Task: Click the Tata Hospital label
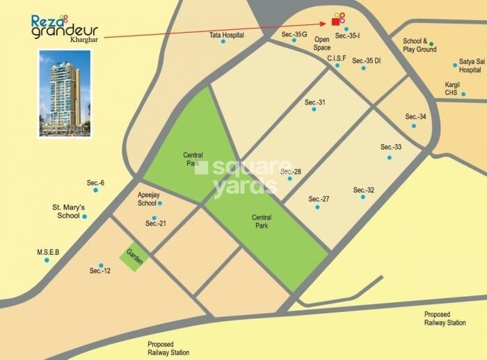pos(226,34)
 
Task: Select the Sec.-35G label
pos(294,34)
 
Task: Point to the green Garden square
pos(133,257)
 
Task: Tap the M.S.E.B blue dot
pos(47,260)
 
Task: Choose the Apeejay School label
pos(147,198)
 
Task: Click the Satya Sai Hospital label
pos(470,65)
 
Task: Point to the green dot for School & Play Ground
pos(431,42)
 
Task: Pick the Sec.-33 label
pos(391,147)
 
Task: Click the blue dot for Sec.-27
pos(318,208)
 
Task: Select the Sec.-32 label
pos(363,190)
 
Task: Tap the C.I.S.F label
pos(337,58)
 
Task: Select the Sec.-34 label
pos(415,116)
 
